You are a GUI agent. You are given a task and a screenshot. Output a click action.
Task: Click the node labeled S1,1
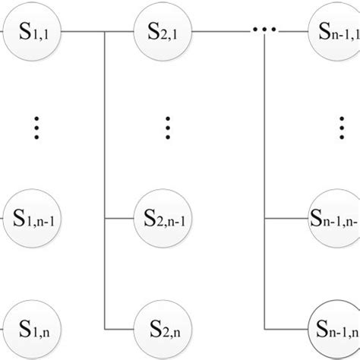[33, 33]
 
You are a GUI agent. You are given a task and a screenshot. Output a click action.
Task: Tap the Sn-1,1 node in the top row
[335, 33]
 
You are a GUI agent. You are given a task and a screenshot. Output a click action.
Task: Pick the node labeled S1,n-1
[33, 218]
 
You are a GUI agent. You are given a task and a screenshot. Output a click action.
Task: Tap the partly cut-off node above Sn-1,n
[335, 218]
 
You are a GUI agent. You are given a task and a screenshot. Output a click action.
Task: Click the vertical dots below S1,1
[35, 128]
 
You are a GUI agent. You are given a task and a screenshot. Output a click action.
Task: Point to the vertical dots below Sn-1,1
[338, 128]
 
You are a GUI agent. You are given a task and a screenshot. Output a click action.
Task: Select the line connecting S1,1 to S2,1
[99, 33]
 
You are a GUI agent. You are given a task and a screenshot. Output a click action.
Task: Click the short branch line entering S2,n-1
[120, 219]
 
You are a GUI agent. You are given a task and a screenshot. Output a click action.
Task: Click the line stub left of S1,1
[3, 33]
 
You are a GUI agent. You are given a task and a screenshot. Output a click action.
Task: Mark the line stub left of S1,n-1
[3, 218]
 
